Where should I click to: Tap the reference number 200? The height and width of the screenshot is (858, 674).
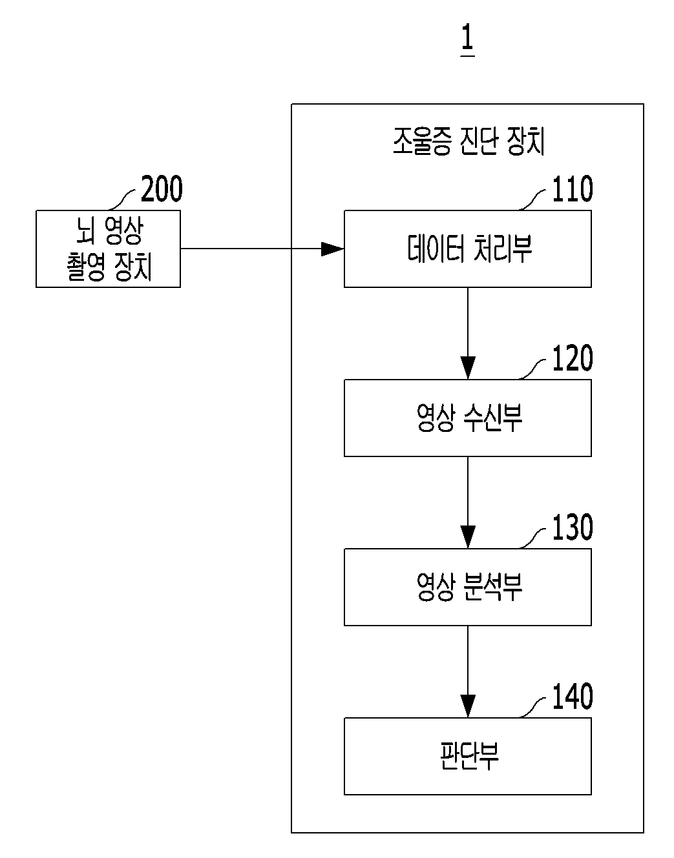tap(162, 189)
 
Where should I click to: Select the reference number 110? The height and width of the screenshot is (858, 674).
tap(573, 189)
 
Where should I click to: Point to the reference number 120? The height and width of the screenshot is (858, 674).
tap(573, 358)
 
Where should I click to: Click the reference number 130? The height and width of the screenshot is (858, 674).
tap(573, 527)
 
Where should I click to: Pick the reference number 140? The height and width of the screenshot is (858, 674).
tap(573, 696)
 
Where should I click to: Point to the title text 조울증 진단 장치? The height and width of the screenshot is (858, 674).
tap(469, 141)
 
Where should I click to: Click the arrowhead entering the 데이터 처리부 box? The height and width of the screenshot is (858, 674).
tap(332, 249)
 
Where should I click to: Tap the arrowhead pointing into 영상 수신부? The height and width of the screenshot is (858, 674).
tap(468, 367)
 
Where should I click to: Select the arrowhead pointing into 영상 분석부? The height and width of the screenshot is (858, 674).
tap(468, 536)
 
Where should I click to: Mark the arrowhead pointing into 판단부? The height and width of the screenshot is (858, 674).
tap(468, 706)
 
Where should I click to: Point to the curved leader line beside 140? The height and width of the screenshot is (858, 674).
tap(532, 707)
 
